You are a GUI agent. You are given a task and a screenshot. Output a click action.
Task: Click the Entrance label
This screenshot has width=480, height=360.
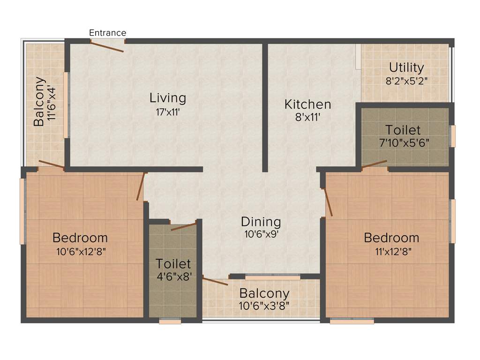click(107, 33)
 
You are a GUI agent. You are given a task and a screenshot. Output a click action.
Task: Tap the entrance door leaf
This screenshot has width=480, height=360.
click(107, 47)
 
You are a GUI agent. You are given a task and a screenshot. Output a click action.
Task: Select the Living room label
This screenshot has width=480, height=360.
click(168, 98)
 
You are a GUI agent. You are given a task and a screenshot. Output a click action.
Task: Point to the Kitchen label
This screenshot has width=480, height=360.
click(307, 104)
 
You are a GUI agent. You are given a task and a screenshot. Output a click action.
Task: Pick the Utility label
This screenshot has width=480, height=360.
click(406, 67)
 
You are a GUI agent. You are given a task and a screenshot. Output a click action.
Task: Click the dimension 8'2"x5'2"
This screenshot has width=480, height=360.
click(406, 80)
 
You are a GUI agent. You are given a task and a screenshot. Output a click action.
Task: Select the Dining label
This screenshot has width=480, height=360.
click(261, 221)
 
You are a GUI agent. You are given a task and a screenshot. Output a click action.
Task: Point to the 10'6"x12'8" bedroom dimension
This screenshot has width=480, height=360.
click(80, 251)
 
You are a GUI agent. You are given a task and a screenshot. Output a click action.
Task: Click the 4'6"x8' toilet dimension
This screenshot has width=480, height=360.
click(173, 277)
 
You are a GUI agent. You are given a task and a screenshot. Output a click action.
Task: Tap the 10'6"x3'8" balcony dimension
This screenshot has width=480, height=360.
click(264, 307)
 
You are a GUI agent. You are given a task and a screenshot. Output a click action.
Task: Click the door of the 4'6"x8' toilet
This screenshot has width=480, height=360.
click(183, 226)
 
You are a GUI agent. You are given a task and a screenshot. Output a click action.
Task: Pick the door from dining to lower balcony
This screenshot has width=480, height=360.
click(215, 282)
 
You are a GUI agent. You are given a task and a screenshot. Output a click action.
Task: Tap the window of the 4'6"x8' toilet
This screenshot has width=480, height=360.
click(170, 322)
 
